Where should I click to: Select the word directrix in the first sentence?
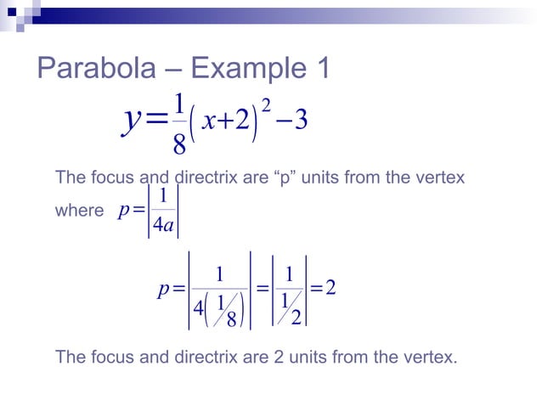tap(206, 178)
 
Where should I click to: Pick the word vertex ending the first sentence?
tap(441, 178)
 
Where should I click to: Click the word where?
tap(78, 210)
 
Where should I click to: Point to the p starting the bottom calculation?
tap(164, 290)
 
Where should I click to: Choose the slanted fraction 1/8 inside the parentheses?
tap(224, 309)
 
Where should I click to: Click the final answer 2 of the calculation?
tap(331, 289)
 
